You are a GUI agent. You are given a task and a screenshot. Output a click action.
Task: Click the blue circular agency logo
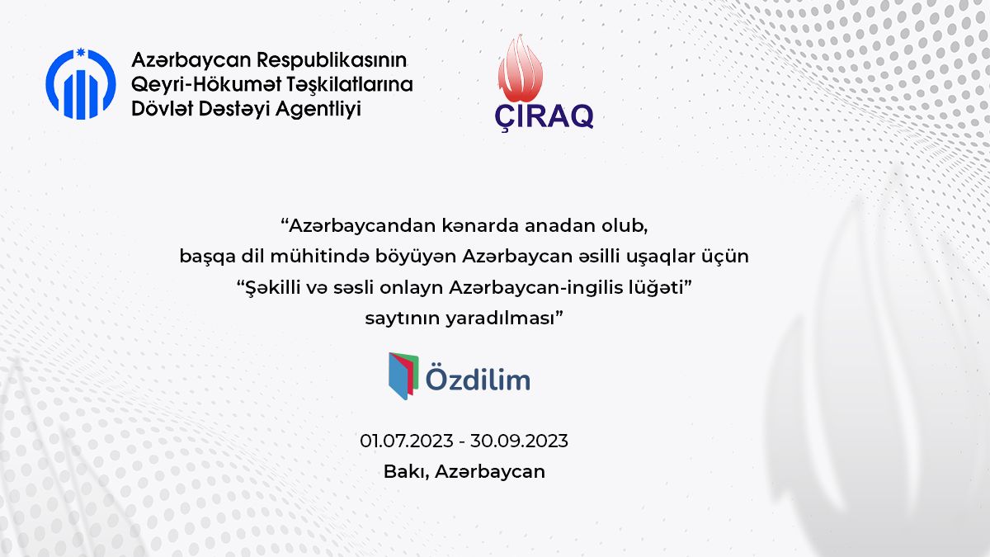[81, 84]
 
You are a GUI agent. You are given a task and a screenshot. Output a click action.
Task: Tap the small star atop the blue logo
[81, 53]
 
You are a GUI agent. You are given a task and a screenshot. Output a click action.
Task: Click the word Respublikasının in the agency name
[332, 60]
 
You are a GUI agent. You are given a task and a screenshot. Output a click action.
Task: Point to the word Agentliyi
[318, 109]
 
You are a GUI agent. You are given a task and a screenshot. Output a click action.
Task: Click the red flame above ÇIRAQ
[521, 68]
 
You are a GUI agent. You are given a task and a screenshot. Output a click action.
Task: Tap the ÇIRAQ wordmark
[544, 116]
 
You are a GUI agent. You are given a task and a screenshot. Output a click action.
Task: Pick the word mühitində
[319, 257]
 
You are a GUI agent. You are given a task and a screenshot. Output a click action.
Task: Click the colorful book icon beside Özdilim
[403, 375]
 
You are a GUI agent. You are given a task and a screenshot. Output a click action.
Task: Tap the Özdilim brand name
[478, 378]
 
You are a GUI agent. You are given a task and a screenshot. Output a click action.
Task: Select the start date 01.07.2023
[407, 441]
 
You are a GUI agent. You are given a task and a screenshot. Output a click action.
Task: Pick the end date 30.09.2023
[519, 441]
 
